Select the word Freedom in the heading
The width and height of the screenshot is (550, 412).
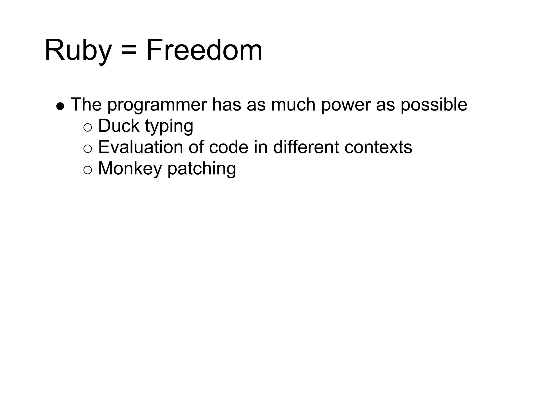click(204, 50)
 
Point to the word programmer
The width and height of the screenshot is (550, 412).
click(157, 105)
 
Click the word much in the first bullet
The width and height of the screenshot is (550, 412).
click(293, 105)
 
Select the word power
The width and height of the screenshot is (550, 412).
click(346, 105)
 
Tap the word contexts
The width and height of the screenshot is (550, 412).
click(378, 148)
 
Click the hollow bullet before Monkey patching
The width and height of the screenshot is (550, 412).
click(88, 170)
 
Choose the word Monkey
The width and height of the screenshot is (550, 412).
click(130, 169)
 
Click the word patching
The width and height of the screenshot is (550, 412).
click(202, 169)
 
